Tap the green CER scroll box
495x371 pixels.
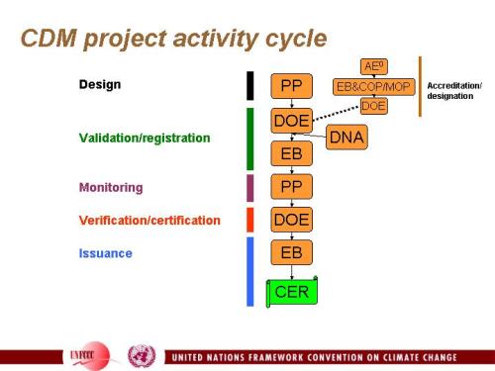(x=291, y=291)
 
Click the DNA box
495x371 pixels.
(x=346, y=138)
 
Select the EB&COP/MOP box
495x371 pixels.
(x=373, y=86)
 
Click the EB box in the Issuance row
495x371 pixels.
(x=291, y=252)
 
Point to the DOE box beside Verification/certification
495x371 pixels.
(x=291, y=220)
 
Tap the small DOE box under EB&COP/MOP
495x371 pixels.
(x=373, y=105)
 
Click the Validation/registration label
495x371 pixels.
(x=145, y=138)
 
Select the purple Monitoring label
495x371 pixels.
(x=111, y=187)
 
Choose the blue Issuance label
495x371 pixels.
(x=105, y=253)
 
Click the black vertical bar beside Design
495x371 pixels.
(x=249, y=85)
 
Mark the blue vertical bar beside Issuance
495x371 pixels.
(x=249, y=270)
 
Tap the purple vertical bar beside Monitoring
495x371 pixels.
(x=249, y=187)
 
